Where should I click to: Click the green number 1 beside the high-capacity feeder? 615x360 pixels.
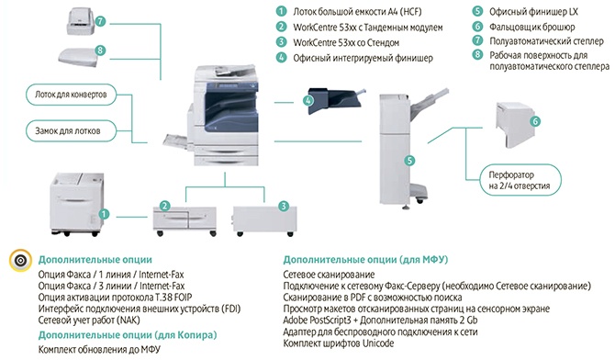tap(106, 213)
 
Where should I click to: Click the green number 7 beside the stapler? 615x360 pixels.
tap(100, 19)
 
